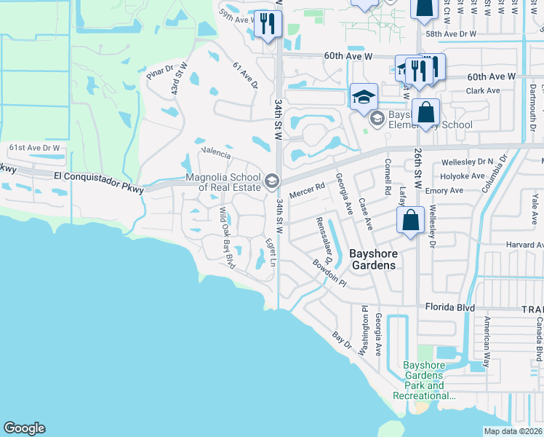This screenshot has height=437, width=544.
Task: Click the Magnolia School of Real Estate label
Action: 223,181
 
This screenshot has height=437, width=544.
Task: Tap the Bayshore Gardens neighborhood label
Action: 374,259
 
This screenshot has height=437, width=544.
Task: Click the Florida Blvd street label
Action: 450,307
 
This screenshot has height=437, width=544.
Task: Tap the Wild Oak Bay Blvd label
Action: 228,237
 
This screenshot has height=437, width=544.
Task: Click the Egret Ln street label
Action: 270,251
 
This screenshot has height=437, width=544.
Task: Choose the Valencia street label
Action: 216,154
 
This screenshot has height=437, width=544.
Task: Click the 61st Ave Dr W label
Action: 34,148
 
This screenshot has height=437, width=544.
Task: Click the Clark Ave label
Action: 483,91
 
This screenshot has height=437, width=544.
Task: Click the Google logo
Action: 24,428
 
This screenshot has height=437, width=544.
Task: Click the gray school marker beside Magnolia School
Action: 272,181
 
